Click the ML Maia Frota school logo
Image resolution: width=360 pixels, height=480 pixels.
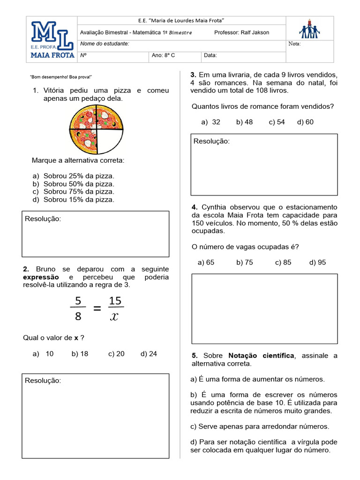point(52,40)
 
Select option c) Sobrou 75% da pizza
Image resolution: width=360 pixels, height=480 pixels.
point(74,191)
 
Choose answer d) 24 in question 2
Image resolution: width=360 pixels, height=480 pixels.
point(149,354)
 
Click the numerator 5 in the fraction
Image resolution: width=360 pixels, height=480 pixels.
point(78,300)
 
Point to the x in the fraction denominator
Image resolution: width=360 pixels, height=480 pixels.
point(114,317)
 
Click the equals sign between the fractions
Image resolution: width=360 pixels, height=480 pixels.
point(97,308)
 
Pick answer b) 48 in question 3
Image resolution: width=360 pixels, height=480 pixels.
point(244,122)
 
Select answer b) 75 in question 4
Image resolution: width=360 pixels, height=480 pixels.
point(244,262)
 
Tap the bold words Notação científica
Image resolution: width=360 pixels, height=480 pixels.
point(261,356)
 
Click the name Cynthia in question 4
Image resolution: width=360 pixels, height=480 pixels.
point(217,207)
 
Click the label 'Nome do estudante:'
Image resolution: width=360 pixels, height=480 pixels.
point(105,44)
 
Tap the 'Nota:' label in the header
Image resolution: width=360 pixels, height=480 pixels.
point(295,44)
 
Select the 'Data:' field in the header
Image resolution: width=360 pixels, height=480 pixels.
point(210,55)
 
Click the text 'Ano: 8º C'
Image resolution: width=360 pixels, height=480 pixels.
point(164,55)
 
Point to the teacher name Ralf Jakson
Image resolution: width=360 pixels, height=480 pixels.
point(255,32)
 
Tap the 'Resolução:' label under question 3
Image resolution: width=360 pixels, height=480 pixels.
point(211,141)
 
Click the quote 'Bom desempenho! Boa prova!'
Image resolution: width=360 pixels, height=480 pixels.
point(61,77)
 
